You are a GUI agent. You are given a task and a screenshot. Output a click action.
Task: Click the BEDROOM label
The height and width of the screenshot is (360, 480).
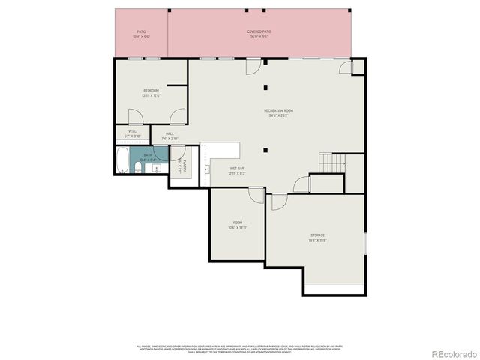[x=151, y=91]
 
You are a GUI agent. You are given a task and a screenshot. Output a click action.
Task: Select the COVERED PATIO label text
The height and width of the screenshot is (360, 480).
[x=259, y=32]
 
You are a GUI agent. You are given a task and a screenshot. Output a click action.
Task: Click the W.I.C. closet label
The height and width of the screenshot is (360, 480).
[x=132, y=131]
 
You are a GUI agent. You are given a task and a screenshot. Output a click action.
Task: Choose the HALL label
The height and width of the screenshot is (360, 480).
[x=169, y=134]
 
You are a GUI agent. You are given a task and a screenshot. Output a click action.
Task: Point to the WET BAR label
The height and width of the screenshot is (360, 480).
[x=237, y=169]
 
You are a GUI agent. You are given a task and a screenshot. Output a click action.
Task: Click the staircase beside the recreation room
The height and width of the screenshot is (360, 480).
[x=331, y=162]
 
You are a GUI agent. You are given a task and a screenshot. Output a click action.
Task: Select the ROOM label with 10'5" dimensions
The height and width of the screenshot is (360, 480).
[x=237, y=223]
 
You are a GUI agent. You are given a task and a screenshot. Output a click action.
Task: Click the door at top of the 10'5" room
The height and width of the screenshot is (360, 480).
[x=256, y=195]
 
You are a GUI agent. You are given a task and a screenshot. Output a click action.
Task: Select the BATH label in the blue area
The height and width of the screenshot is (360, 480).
[x=148, y=154]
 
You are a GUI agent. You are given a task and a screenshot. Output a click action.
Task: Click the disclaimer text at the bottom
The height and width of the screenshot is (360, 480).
[x=239, y=349]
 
